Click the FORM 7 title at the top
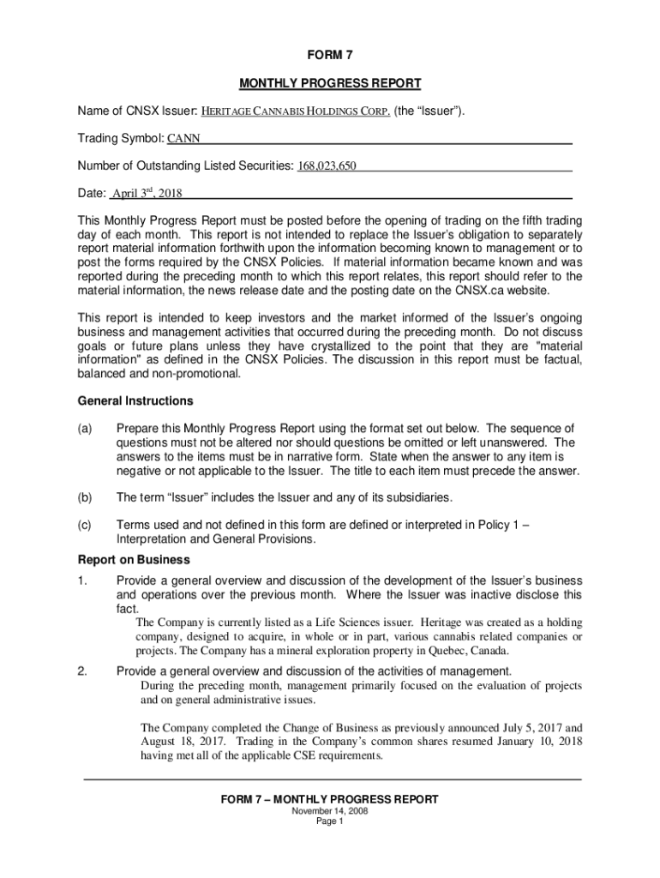click(x=329, y=55)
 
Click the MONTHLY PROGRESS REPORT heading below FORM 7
click(x=329, y=83)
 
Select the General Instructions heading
click(x=135, y=401)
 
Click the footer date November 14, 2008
click(x=329, y=810)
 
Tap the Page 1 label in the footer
click(x=329, y=821)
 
